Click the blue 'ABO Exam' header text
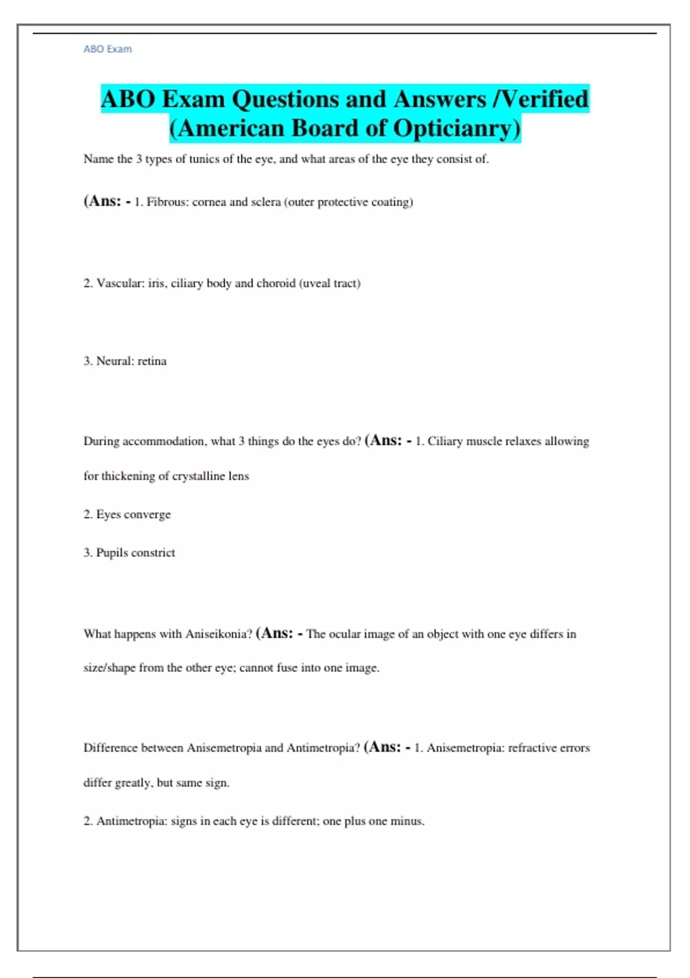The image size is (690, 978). tap(108, 49)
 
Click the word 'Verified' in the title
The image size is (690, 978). tap(547, 99)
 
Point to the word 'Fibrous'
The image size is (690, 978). tap(167, 202)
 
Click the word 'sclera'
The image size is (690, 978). tap(266, 202)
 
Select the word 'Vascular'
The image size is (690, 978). tap(120, 283)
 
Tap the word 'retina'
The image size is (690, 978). tap(152, 361)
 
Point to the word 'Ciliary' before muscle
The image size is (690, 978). tap(445, 441)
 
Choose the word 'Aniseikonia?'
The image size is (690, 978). tap(219, 634)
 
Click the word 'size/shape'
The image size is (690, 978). tap(109, 668)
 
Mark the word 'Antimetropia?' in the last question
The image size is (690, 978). tap(323, 748)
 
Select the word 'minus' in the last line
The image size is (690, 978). tap(407, 821)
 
